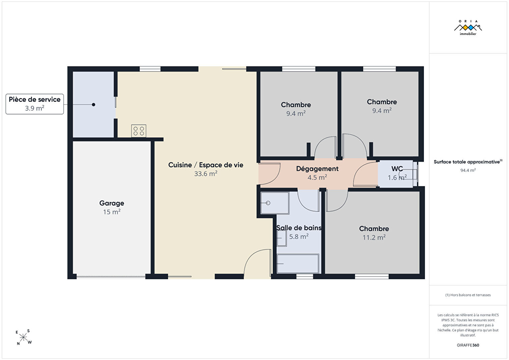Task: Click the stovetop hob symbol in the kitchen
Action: [139, 131]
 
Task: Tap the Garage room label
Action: [111, 203]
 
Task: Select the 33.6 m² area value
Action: [206, 174]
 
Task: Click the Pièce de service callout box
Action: [35, 104]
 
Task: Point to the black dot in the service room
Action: [93, 104]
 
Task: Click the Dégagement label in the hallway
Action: [317, 168]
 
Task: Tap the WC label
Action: [397, 168]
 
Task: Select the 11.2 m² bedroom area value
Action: [374, 238]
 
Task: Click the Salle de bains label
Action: [299, 228]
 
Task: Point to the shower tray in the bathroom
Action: [275, 203]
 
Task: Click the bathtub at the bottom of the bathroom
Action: [298, 264]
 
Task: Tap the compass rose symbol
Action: [23, 337]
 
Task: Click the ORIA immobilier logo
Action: [468, 28]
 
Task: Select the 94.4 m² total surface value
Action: [468, 170]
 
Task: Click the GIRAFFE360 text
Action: [468, 345]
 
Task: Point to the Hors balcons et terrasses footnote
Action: [468, 295]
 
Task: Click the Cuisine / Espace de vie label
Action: [206, 165]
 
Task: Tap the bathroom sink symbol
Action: [282, 238]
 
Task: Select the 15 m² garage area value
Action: [111, 212]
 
